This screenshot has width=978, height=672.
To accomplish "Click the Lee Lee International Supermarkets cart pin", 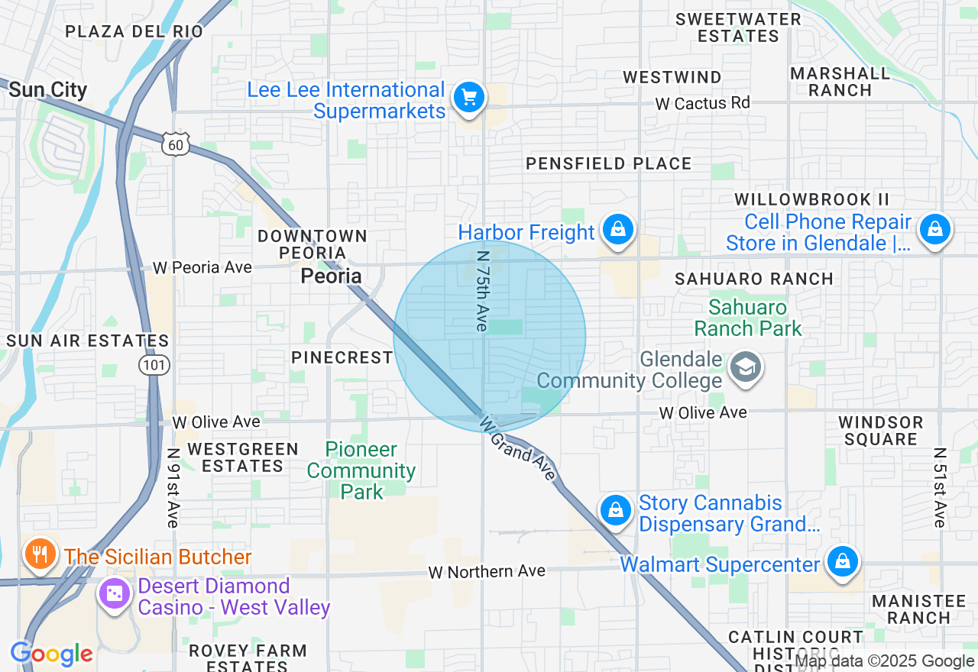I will (x=468, y=99).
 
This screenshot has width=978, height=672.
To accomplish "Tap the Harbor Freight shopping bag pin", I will (x=617, y=229).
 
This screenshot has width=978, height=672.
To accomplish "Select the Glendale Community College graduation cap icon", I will (x=745, y=367).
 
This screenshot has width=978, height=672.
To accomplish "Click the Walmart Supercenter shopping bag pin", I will (x=842, y=562).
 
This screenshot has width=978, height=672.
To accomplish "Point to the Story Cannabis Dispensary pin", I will (x=615, y=510).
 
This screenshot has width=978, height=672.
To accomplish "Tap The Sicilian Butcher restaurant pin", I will (x=37, y=554).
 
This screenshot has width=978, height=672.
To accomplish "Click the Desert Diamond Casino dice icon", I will (x=115, y=594).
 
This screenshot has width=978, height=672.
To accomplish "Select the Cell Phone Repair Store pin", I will (x=934, y=229).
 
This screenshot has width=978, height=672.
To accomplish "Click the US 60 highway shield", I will (x=175, y=143).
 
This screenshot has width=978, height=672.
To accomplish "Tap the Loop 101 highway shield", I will (x=154, y=365).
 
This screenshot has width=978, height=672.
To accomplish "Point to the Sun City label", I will (x=48, y=89).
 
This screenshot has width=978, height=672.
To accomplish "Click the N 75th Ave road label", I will (x=482, y=292).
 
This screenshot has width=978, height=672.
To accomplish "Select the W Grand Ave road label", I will (x=518, y=447).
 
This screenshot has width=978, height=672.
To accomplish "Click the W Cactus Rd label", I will (x=702, y=103).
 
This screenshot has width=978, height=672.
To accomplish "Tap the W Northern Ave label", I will (x=487, y=571).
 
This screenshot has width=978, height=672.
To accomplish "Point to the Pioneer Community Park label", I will (x=361, y=470).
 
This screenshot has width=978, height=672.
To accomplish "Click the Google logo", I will (x=51, y=654).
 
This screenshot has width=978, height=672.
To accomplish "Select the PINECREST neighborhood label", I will (x=342, y=357).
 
